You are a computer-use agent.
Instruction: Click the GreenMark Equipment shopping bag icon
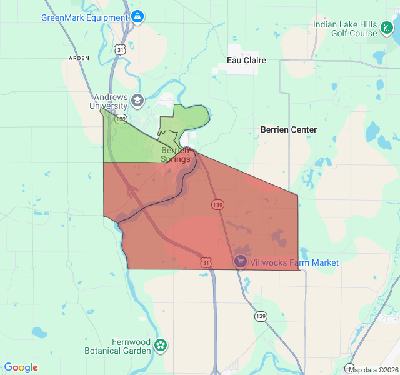tap(137, 17)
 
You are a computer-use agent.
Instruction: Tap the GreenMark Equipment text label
tap(84, 17)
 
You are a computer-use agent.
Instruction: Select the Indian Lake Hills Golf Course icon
tap(386, 29)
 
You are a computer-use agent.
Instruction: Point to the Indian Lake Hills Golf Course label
tap(345, 29)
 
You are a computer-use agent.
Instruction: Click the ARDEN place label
tap(79, 57)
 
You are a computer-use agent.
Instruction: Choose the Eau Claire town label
tap(246, 61)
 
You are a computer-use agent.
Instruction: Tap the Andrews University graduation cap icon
tap(137, 99)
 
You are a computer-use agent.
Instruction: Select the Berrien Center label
tap(289, 129)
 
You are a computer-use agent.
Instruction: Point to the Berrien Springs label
tap(176, 154)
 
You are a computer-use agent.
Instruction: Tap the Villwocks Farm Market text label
tap(294, 262)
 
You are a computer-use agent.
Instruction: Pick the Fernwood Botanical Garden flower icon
tap(161, 344)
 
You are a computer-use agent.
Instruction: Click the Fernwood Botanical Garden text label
tap(118, 346)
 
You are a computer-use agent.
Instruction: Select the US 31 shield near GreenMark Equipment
tap(121, 48)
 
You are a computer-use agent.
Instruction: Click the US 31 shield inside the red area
tap(206, 262)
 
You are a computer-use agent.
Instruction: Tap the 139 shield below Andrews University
tap(121, 118)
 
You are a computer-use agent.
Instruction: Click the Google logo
tap(21, 367)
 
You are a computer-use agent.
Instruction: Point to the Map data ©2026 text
tap(373, 370)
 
